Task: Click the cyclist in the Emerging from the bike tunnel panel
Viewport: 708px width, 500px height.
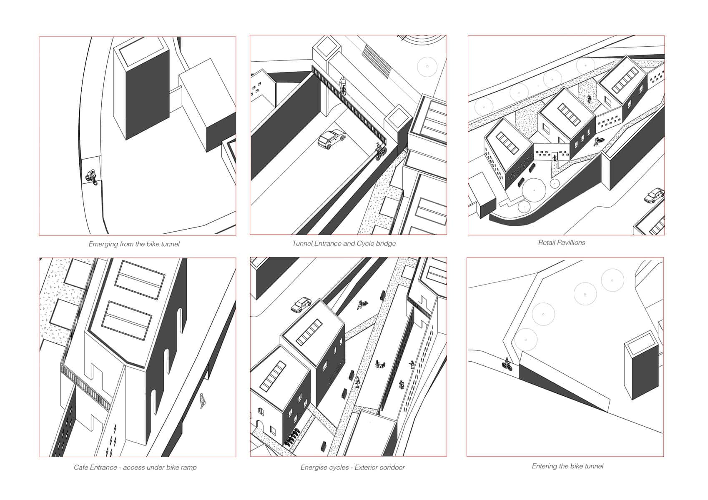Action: click(x=92, y=177)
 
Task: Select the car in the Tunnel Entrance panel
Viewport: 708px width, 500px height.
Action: click(x=331, y=139)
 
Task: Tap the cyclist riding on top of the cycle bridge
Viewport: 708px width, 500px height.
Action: click(x=343, y=85)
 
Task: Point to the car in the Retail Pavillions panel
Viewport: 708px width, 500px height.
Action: click(x=654, y=195)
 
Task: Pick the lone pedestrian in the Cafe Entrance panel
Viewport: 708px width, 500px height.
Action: click(x=203, y=401)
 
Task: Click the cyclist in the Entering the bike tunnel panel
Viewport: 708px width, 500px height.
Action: click(x=507, y=364)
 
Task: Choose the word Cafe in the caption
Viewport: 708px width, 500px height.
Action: click(x=80, y=467)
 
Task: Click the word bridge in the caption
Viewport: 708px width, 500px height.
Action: click(x=386, y=243)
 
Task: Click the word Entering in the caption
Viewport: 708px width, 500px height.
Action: click(x=544, y=466)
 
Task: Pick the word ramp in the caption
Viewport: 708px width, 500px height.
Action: click(x=189, y=467)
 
